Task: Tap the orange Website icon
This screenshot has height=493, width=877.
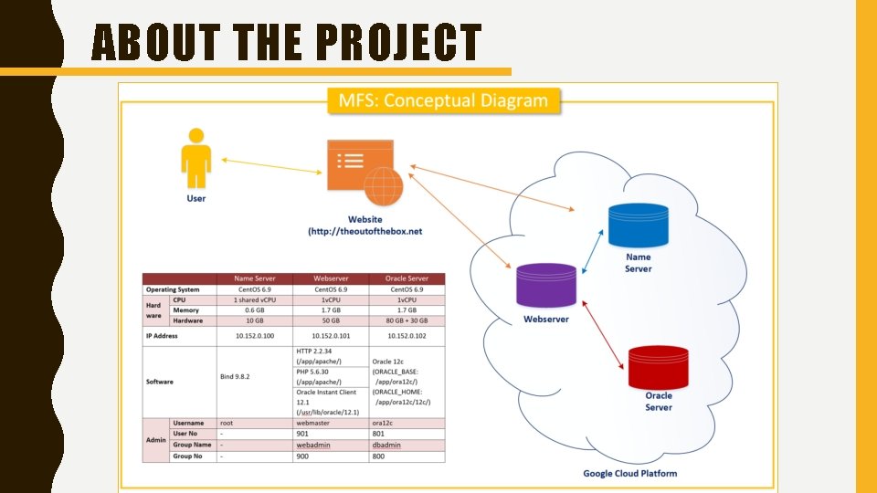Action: (x=364, y=173)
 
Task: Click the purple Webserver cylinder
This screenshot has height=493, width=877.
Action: (x=545, y=285)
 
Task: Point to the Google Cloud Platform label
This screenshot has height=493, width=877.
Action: (x=630, y=473)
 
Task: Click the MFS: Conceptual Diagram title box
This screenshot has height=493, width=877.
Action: (x=443, y=100)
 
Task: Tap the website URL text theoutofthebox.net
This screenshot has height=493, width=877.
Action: (x=365, y=232)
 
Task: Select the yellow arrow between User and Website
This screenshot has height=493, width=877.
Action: (x=270, y=167)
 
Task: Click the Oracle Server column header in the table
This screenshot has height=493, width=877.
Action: (x=407, y=278)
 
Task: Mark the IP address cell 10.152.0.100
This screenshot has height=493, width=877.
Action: (x=255, y=336)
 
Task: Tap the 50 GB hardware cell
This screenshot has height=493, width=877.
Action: (x=331, y=321)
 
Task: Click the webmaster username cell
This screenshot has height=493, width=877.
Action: (x=314, y=423)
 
